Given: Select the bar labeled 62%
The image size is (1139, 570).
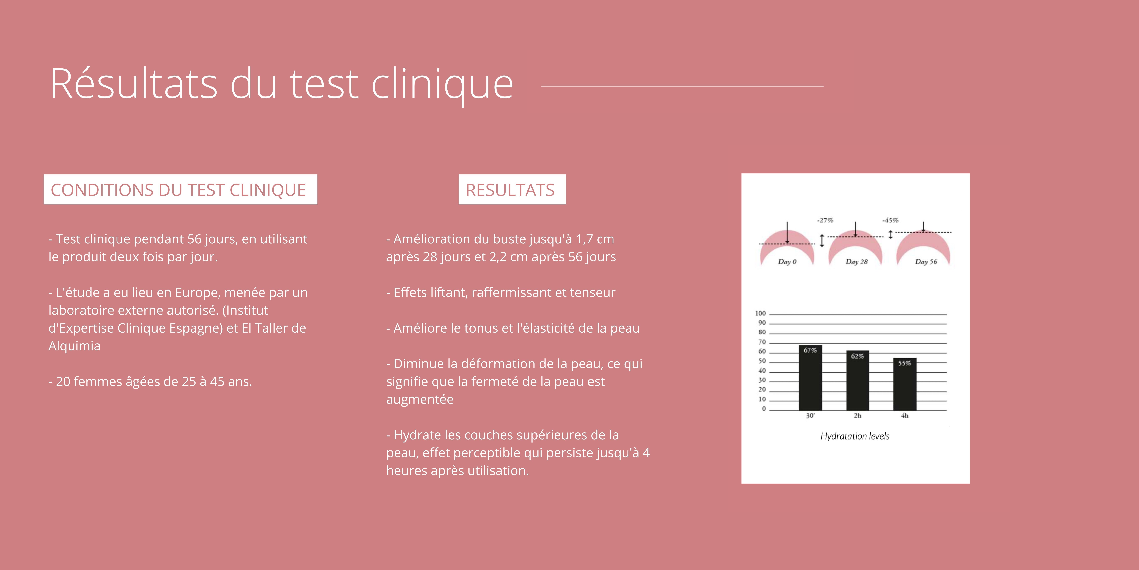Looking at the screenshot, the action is [857, 381].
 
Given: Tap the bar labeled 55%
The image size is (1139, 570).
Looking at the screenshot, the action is [905, 384].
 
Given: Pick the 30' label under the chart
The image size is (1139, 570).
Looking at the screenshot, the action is [810, 416].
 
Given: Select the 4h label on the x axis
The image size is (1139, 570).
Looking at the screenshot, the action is [905, 416].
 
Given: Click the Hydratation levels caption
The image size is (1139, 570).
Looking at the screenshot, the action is [855, 436].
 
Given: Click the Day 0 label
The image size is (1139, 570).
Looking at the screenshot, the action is [787, 262].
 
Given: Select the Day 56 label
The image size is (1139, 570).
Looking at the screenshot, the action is [926, 262].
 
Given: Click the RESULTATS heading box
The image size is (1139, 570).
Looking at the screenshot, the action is [512, 189].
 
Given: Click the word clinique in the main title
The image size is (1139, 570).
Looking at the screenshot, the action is [442, 84].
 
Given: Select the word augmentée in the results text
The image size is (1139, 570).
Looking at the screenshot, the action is [420, 400].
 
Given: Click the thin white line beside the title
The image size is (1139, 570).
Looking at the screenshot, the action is [682, 86].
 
